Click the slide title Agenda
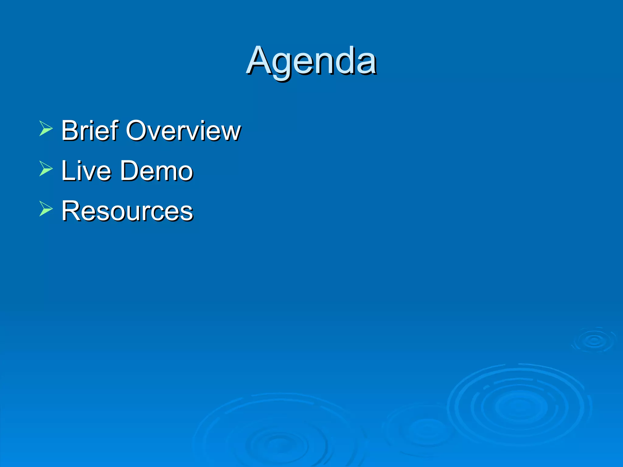[x=311, y=61]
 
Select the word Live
[x=86, y=171]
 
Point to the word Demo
[x=157, y=171]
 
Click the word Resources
[x=127, y=211]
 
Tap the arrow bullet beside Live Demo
[x=46, y=168]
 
